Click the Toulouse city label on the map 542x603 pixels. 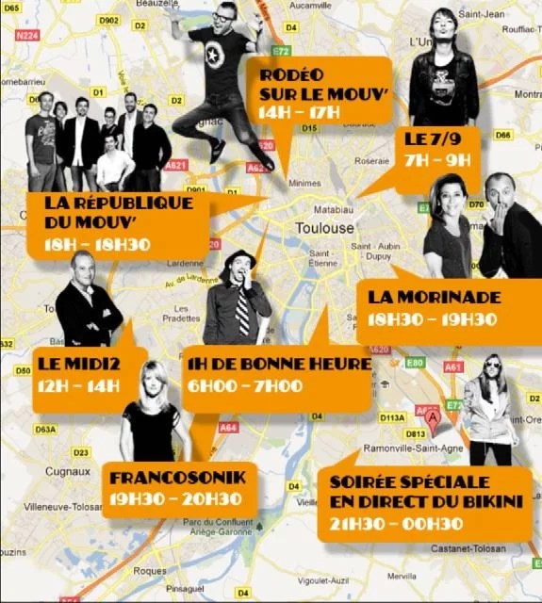324,229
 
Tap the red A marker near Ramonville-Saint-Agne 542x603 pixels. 433,415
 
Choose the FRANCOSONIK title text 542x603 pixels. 177,477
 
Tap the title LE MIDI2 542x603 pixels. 79,362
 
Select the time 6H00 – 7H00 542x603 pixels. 244,385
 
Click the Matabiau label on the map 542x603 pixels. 333,205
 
